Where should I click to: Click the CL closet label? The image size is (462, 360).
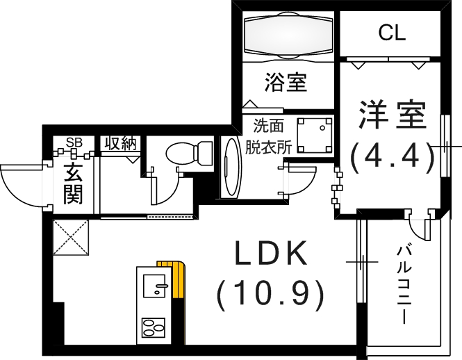[392, 33]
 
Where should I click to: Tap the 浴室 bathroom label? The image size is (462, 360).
[285, 83]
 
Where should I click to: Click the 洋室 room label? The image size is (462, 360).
[392, 115]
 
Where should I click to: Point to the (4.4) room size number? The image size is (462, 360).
[392, 156]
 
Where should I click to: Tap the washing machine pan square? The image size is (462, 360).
[313, 133]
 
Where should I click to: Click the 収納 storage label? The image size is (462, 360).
[120, 143]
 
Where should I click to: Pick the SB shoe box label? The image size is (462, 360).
[74, 142]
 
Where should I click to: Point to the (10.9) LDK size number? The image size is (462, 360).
[270, 295]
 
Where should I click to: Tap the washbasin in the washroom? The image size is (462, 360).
[230, 167]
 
